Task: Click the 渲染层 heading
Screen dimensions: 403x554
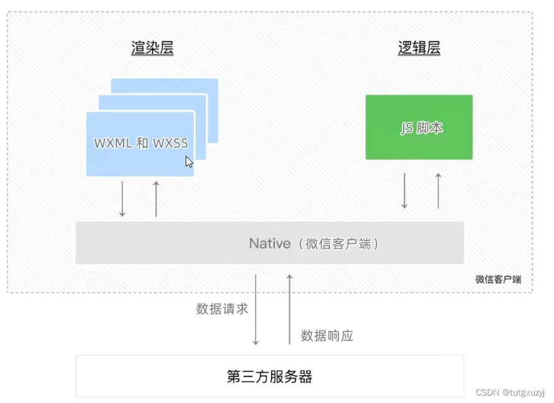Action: point(152,48)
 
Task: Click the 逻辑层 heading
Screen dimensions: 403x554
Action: point(419,48)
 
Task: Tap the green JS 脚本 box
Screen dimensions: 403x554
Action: point(419,127)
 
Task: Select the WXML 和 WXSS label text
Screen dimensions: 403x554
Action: point(141,143)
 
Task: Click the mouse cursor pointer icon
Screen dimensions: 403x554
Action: point(189,161)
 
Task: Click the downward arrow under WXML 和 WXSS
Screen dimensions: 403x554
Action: point(122,199)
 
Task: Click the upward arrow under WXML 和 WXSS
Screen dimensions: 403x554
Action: point(156,199)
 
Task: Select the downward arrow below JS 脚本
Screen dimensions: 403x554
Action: point(404,191)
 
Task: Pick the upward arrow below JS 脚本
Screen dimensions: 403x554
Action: point(438,191)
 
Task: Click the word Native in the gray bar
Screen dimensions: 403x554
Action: point(270,243)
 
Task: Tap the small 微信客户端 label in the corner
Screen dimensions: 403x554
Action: point(498,279)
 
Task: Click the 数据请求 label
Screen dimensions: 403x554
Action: point(222,309)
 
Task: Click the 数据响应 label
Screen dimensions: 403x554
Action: point(327,336)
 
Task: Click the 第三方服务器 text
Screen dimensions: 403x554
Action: point(269,376)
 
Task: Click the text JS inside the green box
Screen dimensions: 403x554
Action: point(407,128)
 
